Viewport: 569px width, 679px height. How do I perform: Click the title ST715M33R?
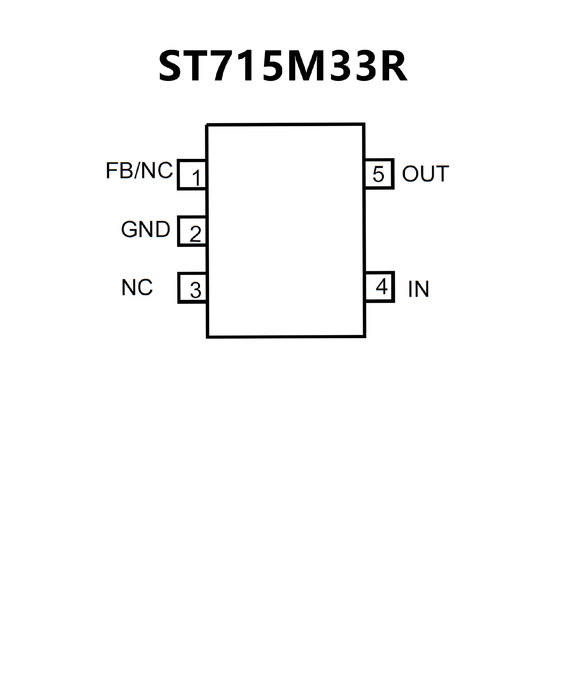click(283, 66)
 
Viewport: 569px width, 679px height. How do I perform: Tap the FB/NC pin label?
click(139, 170)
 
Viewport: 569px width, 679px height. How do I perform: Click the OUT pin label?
click(425, 174)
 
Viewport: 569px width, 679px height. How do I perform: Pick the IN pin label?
click(418, 289)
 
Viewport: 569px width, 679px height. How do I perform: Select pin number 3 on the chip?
click(196, 290)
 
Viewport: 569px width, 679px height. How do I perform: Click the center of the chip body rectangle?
click(286, 231)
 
